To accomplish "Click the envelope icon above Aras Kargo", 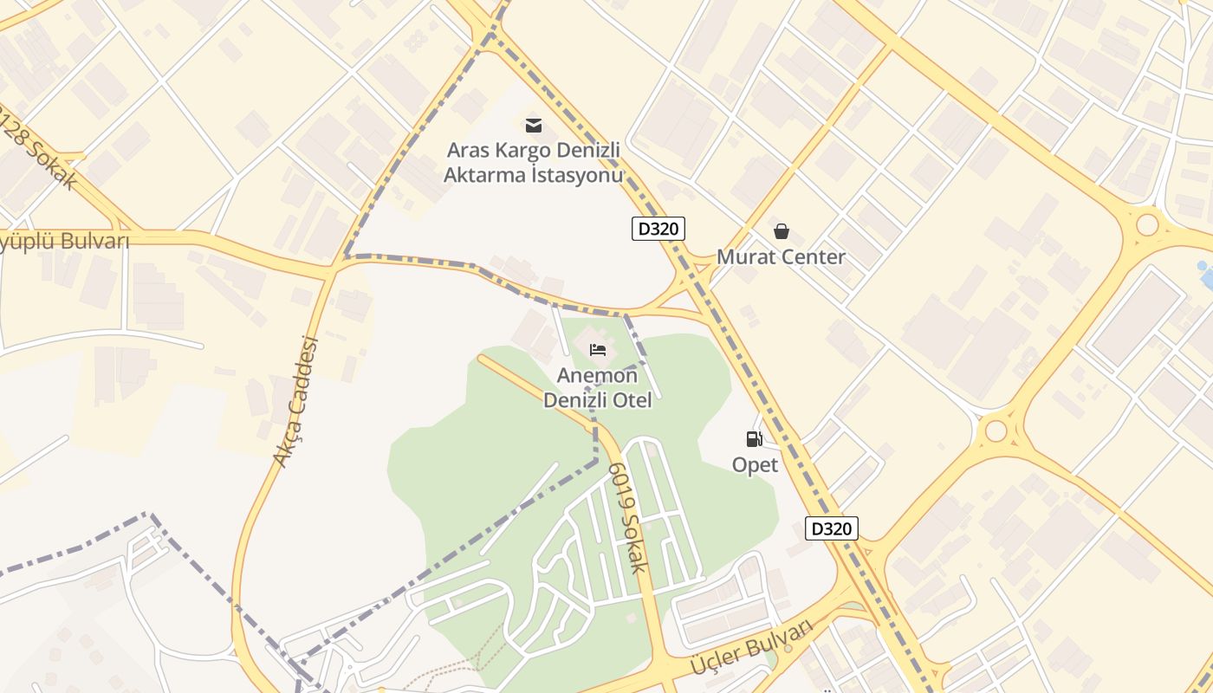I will coord(534,126).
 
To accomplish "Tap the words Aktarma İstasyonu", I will coord(534,175).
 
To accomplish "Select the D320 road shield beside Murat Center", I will coord(658,229).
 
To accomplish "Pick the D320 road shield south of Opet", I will coord(831,528).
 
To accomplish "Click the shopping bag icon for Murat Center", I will coord(782,231).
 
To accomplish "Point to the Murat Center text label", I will coord(781,257).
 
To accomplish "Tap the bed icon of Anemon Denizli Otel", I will coord(598,350).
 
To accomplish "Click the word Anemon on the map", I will coord(597,376).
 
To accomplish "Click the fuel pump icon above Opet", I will coord(755,439).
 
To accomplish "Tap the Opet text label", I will coord(755,465).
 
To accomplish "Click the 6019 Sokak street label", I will coord(628,517).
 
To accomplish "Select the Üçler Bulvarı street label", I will coord(751,649).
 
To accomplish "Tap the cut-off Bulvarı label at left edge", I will coord(64,240).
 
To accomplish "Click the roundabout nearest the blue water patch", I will coord(1147,225).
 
